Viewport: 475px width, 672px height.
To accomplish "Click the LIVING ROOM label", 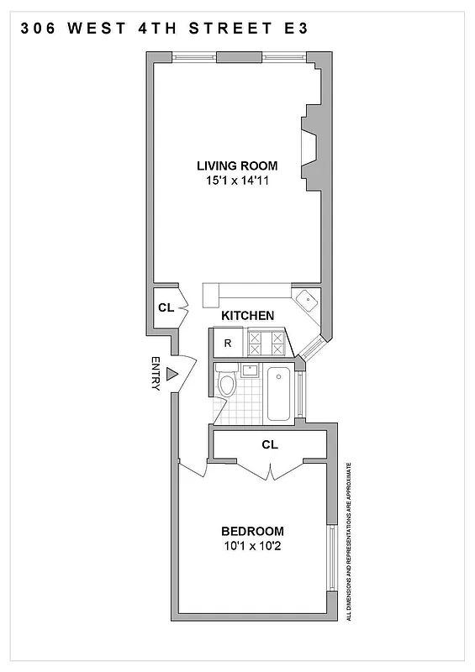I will pyautogui.click(x=236, y=165).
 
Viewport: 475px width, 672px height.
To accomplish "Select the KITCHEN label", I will pyautogui.click(x=247, y=316).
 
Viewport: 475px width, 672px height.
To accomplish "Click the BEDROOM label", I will pyautogui.click(x=252, y=531).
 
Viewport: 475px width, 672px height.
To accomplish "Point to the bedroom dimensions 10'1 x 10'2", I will pyautogui.click(x=252, y=546).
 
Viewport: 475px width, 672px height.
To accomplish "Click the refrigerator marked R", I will pyautogui.click(x=227, y=343).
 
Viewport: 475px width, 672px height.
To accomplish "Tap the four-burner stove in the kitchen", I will pyautogui.click(x=266, y=342).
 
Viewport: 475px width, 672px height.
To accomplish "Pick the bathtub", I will pyautogui.click(x=278, y=394).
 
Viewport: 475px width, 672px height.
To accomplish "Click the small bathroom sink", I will pyautogui.click(x=249, y=370).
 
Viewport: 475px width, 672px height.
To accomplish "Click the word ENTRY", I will pyautogui.click(x=156, y=374).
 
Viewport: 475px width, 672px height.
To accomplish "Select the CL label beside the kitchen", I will pyautogui.click(x=166, y=307).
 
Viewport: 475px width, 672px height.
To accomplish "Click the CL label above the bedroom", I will pyautogui.click(x=269, y=444).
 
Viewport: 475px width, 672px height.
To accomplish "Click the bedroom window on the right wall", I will pyautogui.click(x=332, y=559).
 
